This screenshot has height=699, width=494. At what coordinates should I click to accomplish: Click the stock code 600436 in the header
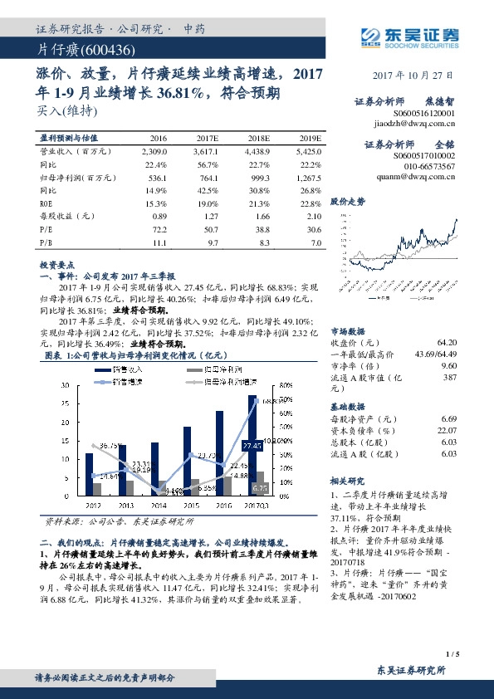coord(103,51)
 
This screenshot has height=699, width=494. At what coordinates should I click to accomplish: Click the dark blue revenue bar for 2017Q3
coord(252,446)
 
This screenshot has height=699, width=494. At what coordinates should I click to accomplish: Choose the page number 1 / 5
coord(452,654)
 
